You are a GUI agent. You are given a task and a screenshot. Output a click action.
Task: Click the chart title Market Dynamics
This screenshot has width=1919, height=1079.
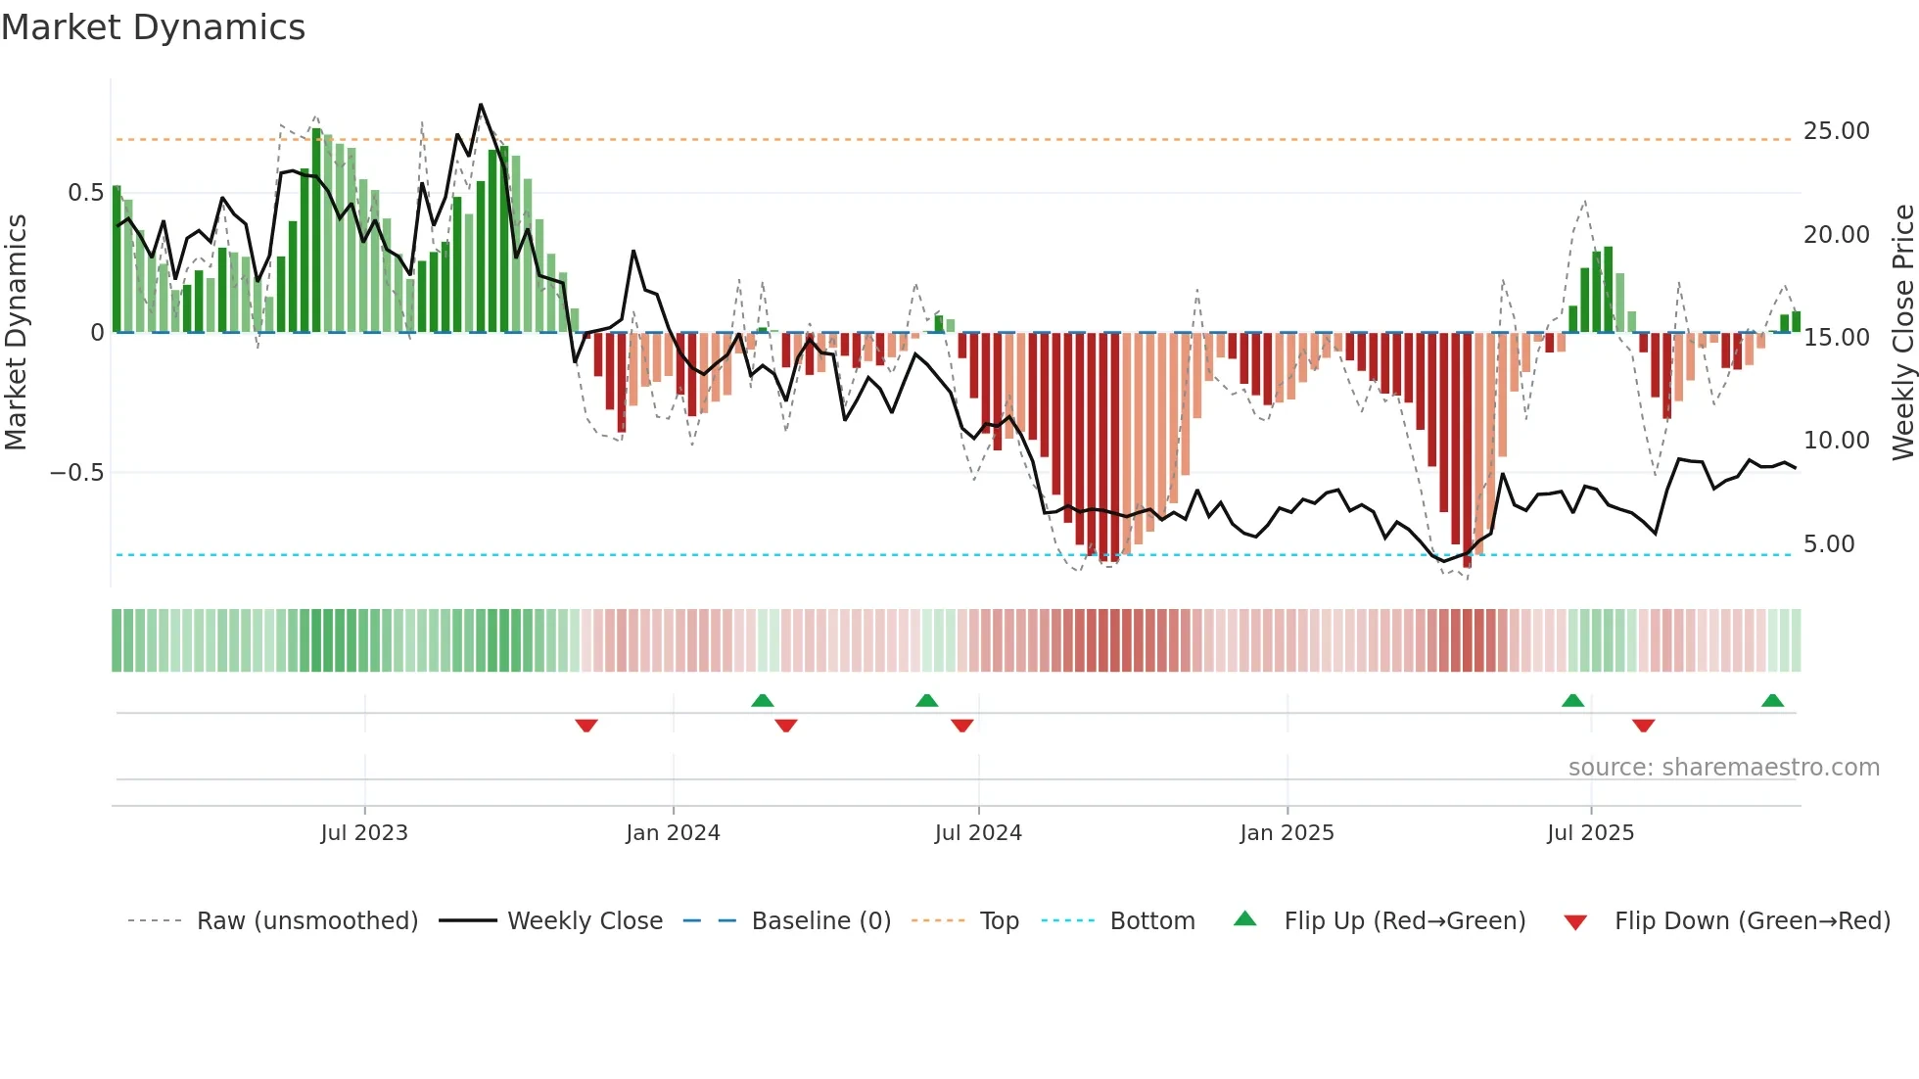pyautogui.click(x=154, y=27)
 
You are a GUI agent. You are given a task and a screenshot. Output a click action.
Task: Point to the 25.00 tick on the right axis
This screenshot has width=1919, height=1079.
pyautogui.click(x=1836, y=131)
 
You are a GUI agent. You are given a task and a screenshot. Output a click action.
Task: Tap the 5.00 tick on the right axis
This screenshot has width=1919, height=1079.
pyautogui.click(x=1828, y=544)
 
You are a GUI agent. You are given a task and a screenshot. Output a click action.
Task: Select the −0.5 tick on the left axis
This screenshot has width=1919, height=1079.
pyautogui.click(x=76, y=473)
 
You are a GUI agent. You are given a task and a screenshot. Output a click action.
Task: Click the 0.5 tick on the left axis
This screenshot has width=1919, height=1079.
pyautogui.click(x=85, y=193)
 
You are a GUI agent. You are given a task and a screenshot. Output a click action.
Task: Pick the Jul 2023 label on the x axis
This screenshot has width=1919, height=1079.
pyautogui.click(x=364, y=833)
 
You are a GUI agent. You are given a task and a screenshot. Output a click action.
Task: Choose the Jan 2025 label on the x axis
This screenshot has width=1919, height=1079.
pyautogui.click(x=1287, y=833)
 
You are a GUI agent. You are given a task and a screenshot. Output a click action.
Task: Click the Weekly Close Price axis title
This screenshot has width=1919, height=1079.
pyautogui.click(x=1902, y=333)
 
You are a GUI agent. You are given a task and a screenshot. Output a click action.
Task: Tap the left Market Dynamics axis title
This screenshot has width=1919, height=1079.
pyautogui.click(x=16, y=333)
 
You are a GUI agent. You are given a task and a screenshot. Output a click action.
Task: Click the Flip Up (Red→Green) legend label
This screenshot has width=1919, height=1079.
pyautogui.click(x=1404, y=921)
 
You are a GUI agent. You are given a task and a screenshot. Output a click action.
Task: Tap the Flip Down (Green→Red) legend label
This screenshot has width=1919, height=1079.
pyautogui.click(x=1752, y=921)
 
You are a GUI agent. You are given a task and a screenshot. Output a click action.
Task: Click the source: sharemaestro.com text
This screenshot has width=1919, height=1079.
pyautogui.click(x=1723, y=768)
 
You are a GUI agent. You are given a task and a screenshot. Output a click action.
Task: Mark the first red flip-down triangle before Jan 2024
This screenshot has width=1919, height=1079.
pyautogui.click(x=586, y=726)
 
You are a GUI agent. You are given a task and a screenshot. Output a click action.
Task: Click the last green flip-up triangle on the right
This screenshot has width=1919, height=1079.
pyautogui.click(x=1772, y=700)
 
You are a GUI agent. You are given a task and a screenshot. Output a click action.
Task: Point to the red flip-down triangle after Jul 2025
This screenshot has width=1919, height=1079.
pyautogui.click(x=1643, y=726)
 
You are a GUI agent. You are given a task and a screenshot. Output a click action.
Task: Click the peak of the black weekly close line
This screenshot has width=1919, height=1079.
pyautogui.click(x=481, y=105)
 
